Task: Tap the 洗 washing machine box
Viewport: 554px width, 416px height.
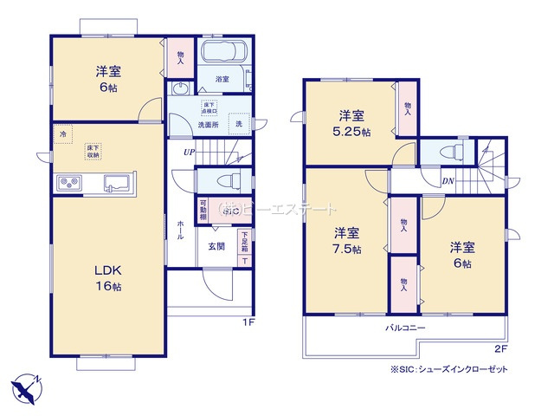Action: (239, 124)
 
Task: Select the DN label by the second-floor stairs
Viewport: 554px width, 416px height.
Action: (448, 180)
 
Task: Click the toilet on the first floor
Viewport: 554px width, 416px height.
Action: (227, 182)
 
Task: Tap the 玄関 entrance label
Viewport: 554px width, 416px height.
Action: (216, 245)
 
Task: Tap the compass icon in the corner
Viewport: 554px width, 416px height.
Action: (26, 387)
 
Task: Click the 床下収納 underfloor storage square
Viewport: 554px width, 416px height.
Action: (91, 153)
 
